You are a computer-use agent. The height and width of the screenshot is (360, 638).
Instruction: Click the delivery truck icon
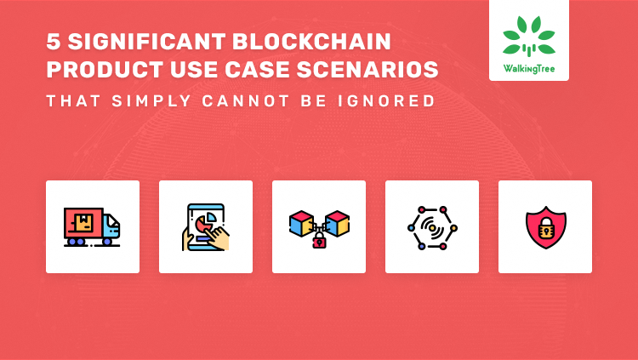[x=92, y=226]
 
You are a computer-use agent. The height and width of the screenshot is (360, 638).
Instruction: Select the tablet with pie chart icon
[x=205, y=226]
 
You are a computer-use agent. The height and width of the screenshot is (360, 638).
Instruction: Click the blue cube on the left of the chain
[x=301, y=223]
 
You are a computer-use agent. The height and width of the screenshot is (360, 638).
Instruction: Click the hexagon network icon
[x=431, y=227]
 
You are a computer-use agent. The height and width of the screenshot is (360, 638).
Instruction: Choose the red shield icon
[x=544, y=227]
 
